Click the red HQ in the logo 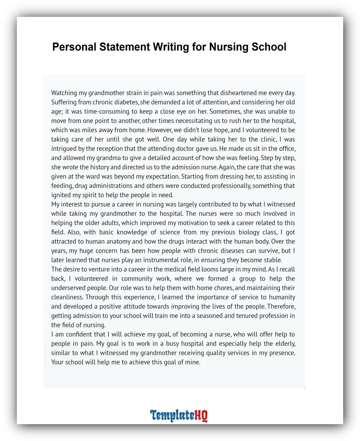tap(201, 416)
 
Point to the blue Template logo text tap(172, 416)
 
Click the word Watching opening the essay tap(64, 93)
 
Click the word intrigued tap(63, 148)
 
